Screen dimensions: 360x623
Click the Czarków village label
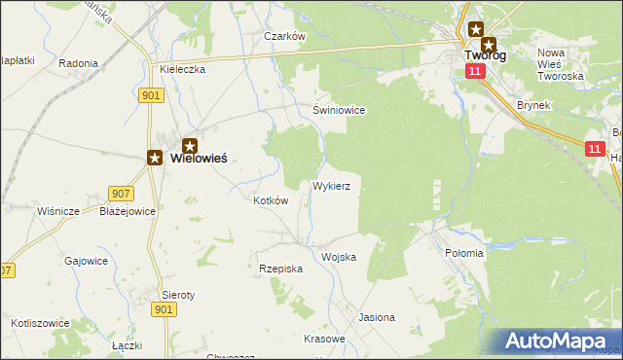285,36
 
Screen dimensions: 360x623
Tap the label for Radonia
78,63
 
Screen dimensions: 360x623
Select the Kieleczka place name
182,70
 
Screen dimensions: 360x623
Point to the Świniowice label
339,110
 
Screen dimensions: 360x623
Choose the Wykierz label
338,184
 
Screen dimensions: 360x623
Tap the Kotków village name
271,200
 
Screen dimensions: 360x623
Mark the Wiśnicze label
57,211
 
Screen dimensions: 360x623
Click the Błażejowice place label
128,211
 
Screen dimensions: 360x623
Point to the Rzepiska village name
281,268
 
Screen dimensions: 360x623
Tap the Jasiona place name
377,317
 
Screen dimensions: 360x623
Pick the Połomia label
464,253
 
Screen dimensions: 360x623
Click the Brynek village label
534,104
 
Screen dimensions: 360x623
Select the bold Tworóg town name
484,55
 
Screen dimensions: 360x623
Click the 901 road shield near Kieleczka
151,94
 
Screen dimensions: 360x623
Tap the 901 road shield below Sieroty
164,308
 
